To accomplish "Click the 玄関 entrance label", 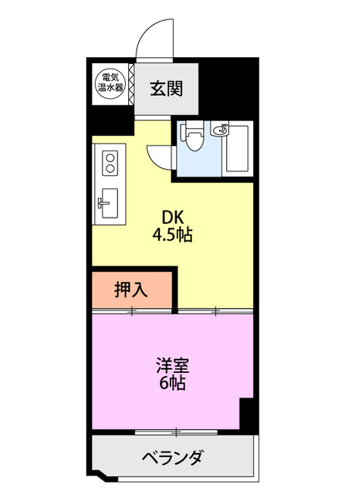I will pos(166,89).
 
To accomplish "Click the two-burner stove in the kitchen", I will pos(110,163).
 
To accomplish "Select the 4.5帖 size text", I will pos(172,234).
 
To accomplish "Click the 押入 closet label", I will pos(130,290).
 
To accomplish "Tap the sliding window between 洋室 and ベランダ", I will pos(175,431).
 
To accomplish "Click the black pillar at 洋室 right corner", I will pos(248,414).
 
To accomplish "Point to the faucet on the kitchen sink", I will pos(101,204).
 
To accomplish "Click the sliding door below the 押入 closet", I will pos(131,311).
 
